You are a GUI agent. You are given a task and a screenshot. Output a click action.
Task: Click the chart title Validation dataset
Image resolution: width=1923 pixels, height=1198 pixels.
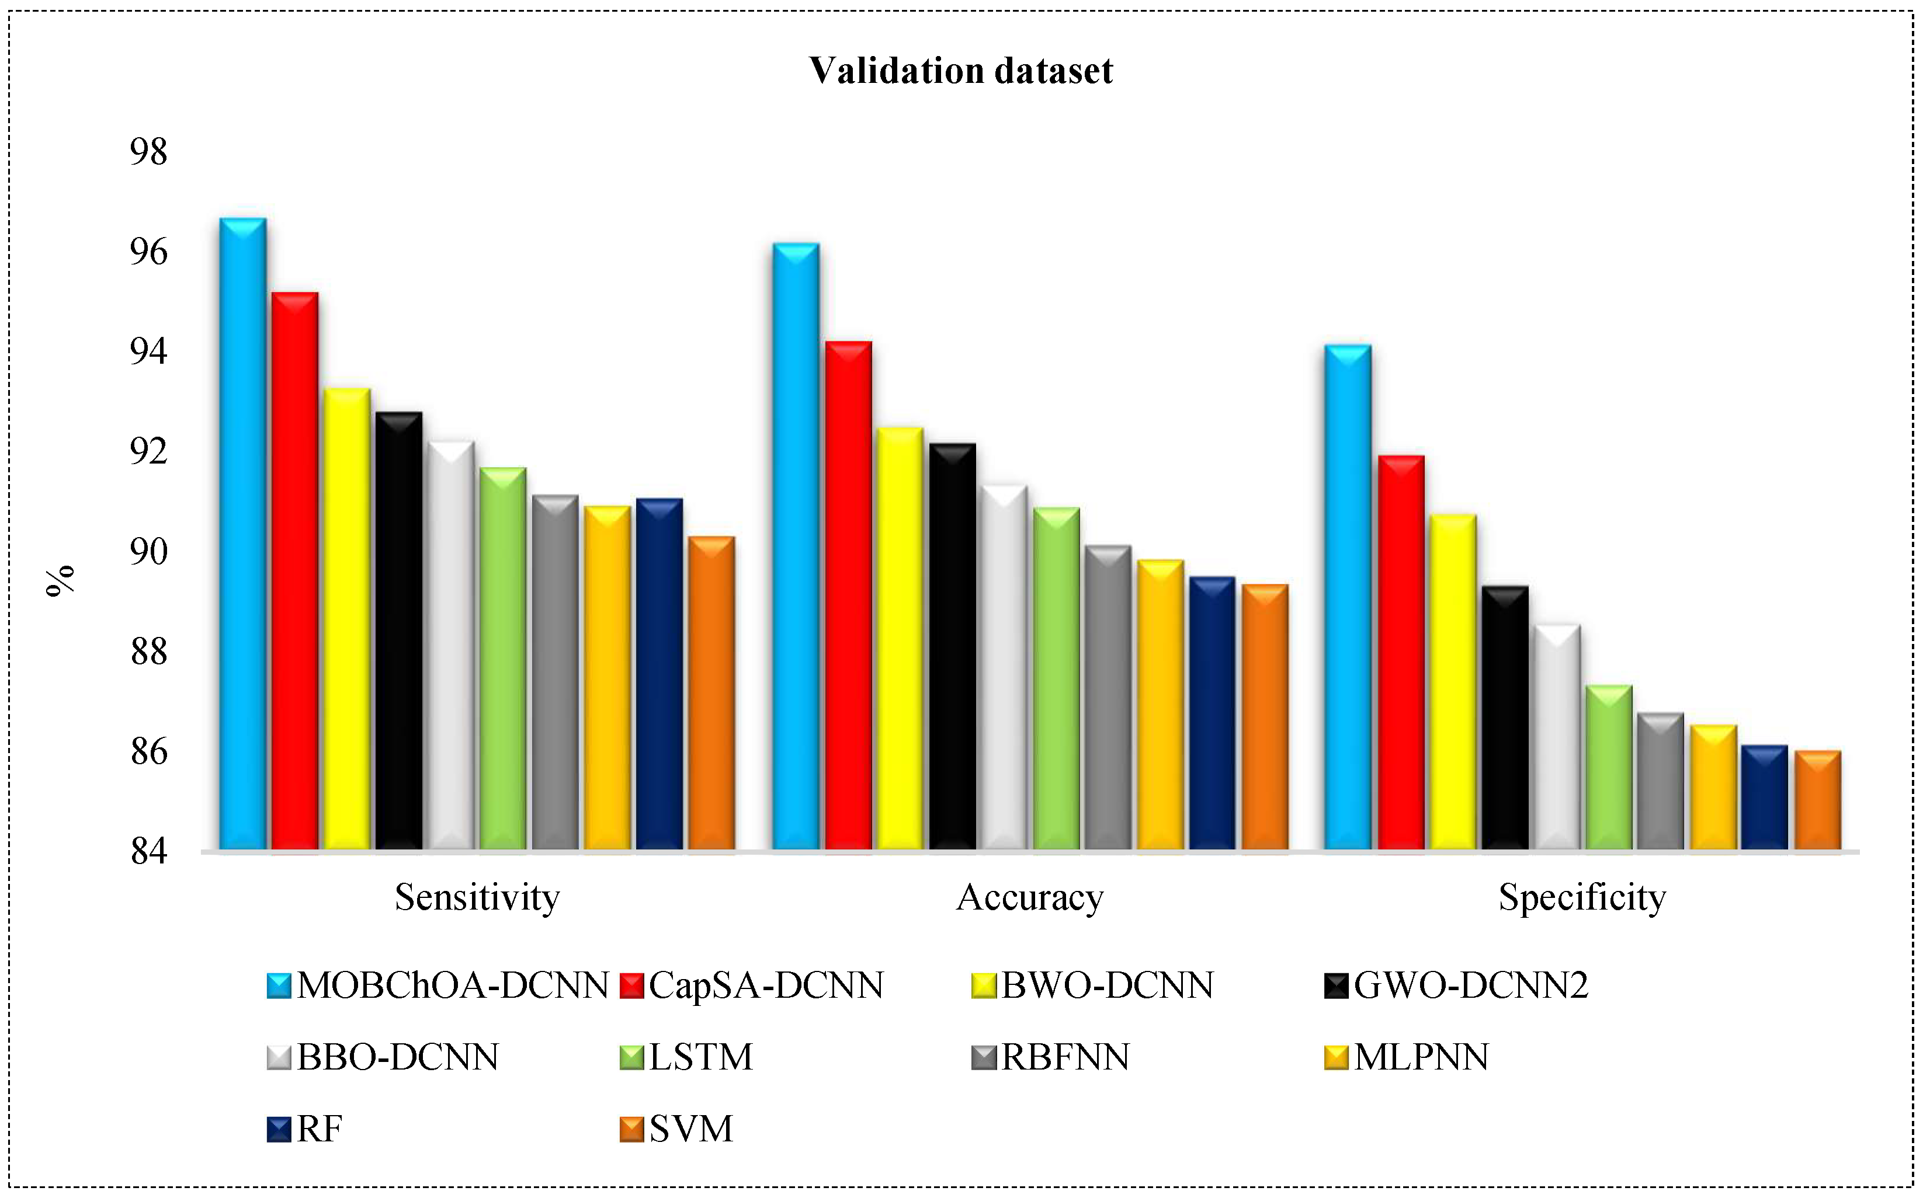[961, 71]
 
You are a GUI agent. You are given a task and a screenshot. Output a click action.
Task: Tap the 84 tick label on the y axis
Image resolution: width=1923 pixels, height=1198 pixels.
[149, 852]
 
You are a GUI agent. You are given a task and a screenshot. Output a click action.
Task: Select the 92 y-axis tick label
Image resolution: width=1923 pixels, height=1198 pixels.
[149, 452]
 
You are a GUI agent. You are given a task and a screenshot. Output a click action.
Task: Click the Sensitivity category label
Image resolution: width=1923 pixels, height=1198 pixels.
[477, 898]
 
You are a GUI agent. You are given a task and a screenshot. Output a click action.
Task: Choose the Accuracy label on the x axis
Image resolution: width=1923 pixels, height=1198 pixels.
[1030, 898]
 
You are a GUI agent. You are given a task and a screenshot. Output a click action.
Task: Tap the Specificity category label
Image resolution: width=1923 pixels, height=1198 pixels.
[1582, 898]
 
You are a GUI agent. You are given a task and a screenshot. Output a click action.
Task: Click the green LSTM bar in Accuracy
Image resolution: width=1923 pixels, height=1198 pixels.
[1057, 681]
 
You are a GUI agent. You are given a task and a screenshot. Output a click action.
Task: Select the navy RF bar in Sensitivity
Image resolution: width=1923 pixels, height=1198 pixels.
[659, 677]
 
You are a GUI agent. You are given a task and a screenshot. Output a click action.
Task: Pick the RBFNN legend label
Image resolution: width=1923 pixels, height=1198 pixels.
[1064, 1057]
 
